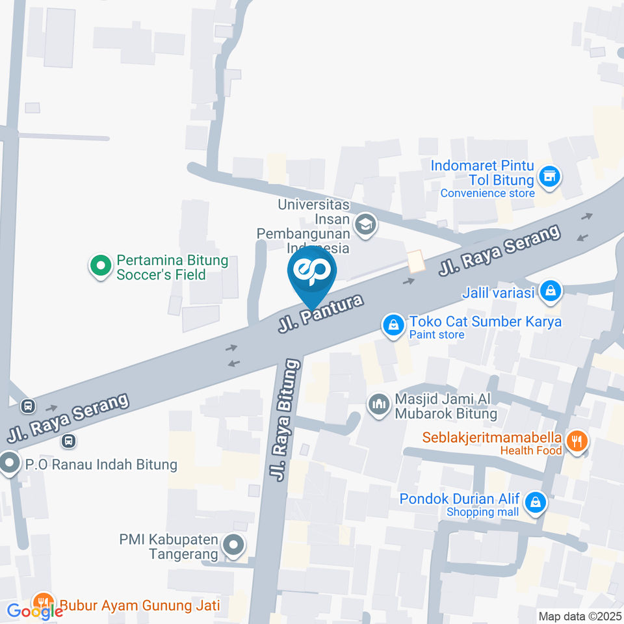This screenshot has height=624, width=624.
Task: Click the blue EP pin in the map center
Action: (312, 273)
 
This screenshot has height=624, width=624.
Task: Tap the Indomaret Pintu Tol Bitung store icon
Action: (550, 175)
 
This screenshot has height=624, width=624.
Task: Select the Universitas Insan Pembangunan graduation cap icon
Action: (366, 225)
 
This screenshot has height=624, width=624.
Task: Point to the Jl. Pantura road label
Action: (320, 311)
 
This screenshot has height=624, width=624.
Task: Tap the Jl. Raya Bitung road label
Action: (286, 419)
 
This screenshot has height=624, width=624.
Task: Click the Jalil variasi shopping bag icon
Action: (551, 292)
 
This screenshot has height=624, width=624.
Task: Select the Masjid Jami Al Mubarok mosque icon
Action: (378, 405)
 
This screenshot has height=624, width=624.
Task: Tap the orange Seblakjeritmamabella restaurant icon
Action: (575, 442)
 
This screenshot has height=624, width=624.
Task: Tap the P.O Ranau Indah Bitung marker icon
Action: (9, 464)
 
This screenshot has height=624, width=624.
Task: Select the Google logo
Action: (35, 611)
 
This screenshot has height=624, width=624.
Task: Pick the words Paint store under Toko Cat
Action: (437, 335)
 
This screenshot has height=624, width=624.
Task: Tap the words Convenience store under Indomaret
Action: (487, 193)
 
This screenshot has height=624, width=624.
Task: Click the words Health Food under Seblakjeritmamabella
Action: (531, 450)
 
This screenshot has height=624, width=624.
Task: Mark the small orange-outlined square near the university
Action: (415, 262)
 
